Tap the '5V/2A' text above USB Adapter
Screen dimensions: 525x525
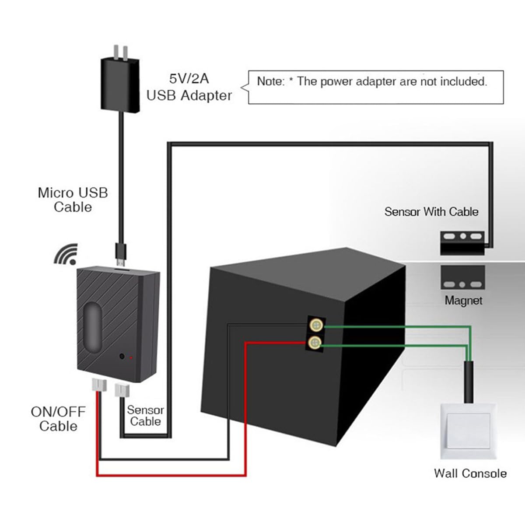click(189, 79)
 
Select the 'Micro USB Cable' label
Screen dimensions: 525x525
click(73, 199)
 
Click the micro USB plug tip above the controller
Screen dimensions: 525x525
click(120, 262)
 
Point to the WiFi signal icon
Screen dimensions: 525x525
click(66, 254)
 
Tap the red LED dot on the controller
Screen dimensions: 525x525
click(131, 357)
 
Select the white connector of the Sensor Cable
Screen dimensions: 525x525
click(122, 390)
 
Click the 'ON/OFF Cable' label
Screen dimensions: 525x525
click(58, 419)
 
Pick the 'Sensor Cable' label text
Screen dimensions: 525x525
click(146, 416)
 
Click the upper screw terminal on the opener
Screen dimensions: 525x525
click(316, 325)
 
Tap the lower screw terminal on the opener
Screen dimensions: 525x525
click(315, 342)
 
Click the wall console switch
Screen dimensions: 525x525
click(468, 431)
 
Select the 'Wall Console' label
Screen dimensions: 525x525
click(470, 473)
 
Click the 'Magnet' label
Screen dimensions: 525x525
click(463, 301)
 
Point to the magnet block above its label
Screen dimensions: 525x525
click(462, 277)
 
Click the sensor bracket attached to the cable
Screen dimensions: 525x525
click(462, 243)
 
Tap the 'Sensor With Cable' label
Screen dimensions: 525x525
click(431, 212)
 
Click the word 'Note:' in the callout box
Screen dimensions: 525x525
click(271, 81)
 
